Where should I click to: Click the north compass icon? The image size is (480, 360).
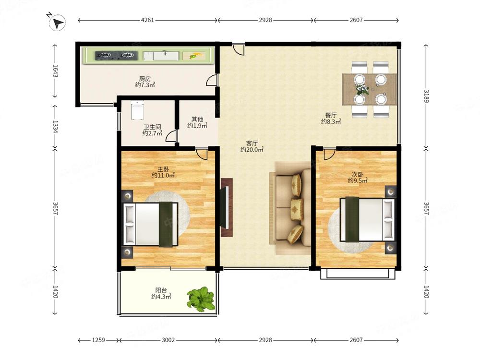57,23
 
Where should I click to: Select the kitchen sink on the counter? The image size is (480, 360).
161,56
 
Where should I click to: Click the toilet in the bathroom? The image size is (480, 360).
137,109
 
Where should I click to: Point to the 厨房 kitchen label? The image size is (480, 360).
145,79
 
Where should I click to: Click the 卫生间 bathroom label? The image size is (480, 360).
152,127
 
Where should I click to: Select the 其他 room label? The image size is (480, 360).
197,119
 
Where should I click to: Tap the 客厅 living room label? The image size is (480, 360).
252,143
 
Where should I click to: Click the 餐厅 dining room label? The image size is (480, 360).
331,115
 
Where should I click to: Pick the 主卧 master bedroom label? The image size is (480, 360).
163,169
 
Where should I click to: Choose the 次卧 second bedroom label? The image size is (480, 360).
358,174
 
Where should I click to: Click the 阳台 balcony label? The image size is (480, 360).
161,290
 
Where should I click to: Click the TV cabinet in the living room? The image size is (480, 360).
227,207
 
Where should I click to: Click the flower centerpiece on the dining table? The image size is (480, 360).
362,89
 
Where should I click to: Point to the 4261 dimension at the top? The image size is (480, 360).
147,20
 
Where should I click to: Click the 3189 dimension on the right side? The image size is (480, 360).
426,96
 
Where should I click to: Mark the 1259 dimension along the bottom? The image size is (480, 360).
98,340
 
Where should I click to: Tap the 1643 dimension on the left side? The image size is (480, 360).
55,71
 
